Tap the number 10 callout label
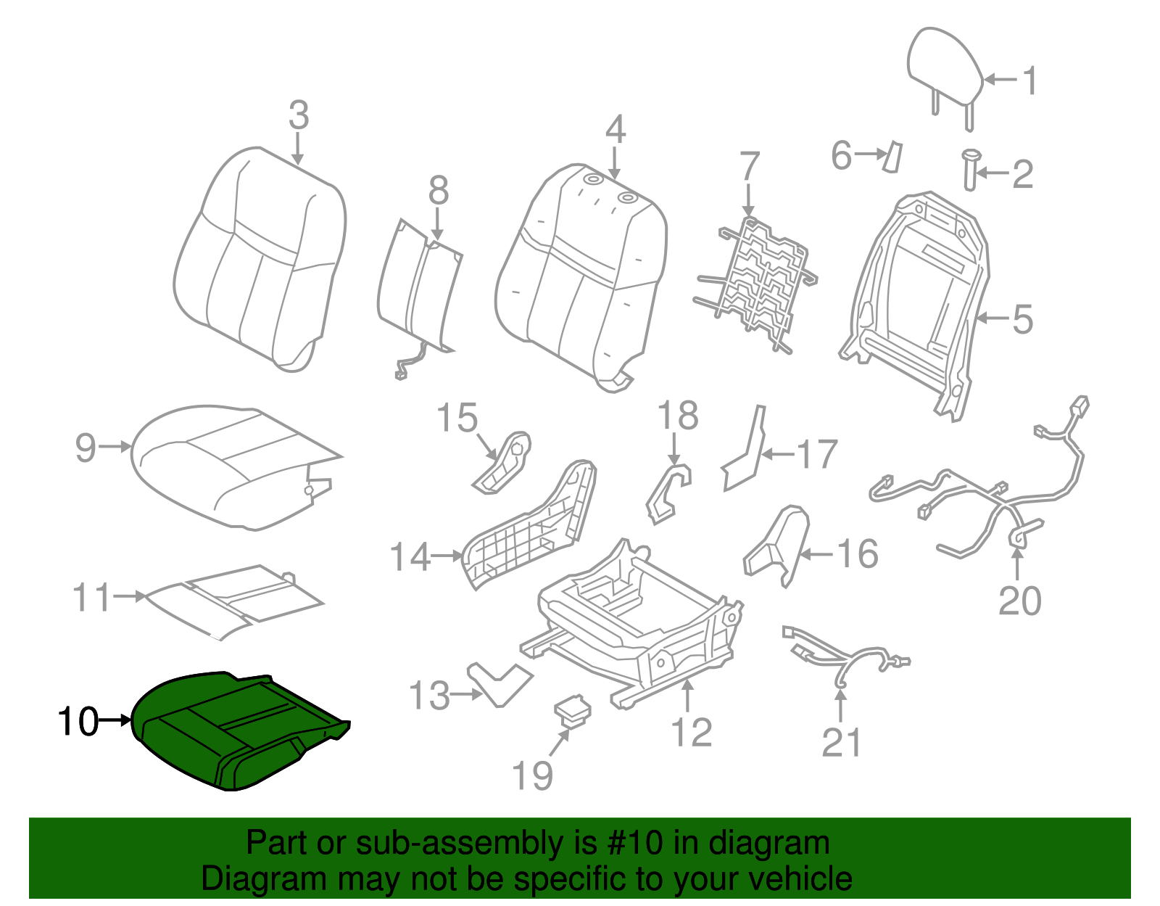tap(78, 722)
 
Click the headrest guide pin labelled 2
tap(969, 170)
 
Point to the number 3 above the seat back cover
tap(299, 116)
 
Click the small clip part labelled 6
tap(891, 156)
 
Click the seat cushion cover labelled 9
tap(225, 464)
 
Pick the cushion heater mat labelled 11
tap(232, 598)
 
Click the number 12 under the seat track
tap(692, 733)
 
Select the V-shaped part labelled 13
tap(500, 682)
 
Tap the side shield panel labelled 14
tap(529, 526)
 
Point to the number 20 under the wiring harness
tap(1019, 601)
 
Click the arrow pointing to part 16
tap(818, 555)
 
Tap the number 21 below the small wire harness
tap(842, 743)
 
